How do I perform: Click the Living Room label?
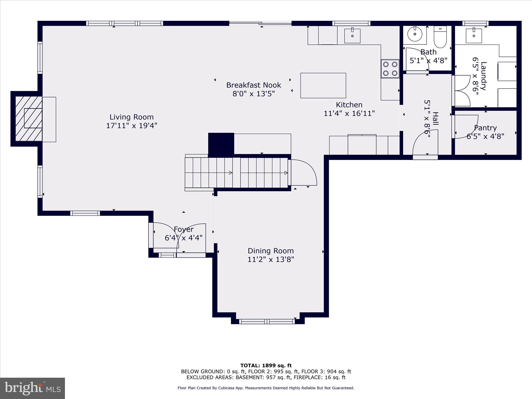[x=131, y=117]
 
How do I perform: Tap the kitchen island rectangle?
[x=323, y=85]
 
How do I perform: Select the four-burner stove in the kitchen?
[x=390, y=69]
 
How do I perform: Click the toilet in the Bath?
[x=440, y=37]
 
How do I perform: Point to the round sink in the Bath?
[x=415, y=34]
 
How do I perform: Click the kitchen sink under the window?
[x=352, y=36]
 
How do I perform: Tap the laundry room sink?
[x=474, y=36]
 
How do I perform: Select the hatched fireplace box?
[x=29, y=119]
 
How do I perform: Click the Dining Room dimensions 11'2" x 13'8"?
[x=271, y=259]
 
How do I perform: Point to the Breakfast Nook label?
[x=254, y=85]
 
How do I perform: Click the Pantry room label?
[x=485, y=128]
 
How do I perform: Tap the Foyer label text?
[x=184, y=229]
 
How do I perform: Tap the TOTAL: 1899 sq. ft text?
[x=266, y=365]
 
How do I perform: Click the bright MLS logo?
[x=32, y=388]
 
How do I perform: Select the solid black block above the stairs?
[x=221, y=144]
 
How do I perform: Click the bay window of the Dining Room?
[x=267, y=321]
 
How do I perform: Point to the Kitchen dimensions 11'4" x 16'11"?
[x=349, y=113]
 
